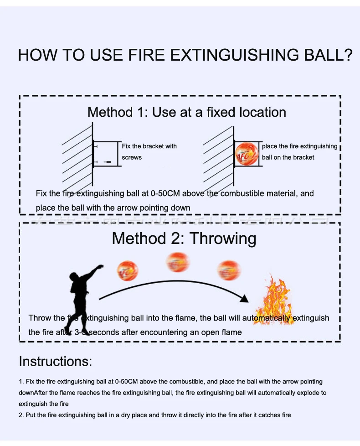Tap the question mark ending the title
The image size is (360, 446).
click(x=348, y=55)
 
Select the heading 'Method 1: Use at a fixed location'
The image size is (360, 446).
click(x=187, y=112)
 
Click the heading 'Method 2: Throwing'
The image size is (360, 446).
click(x=184, y=238)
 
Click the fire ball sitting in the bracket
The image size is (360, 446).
click(x=247, y=154)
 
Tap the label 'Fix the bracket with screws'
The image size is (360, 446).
click(x=149, y=151)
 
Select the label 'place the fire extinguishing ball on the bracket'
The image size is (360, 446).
click(x=299, y=151)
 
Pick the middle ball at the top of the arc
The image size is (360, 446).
click(x=178, y=262)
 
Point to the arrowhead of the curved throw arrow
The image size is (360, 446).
click(x=245, y=298)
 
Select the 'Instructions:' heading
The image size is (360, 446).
click(x=55, y=362)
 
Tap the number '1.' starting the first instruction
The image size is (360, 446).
click(x=21, y=381)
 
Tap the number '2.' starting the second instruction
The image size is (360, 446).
click(x=21, y=415)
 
